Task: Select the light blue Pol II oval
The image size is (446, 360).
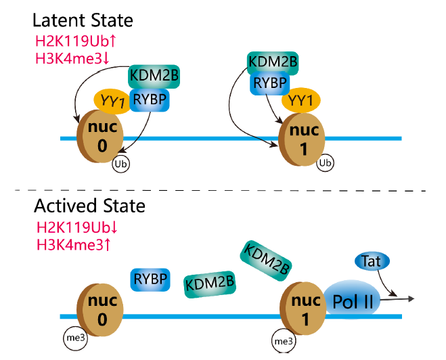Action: pyautogui.click(x=352, y=298)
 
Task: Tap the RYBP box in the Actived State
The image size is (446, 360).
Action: pyautogui.click(x=150, y=279)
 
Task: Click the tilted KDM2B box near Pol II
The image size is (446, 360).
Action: pyautogui.click(x=265, y=261)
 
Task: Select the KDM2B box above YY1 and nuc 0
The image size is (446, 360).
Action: pyautogui.click(x=154, y=76)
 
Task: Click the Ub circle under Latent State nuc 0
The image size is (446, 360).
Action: pyautogui.click(x=122, y=164)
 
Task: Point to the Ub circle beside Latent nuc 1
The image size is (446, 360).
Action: pyautogui.click(x=326, y=163)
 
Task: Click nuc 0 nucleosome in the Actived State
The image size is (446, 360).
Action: pyautogui.click(x=101, y=308)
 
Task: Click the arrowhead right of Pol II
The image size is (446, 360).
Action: pyautogui.click(x=410, y=298)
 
